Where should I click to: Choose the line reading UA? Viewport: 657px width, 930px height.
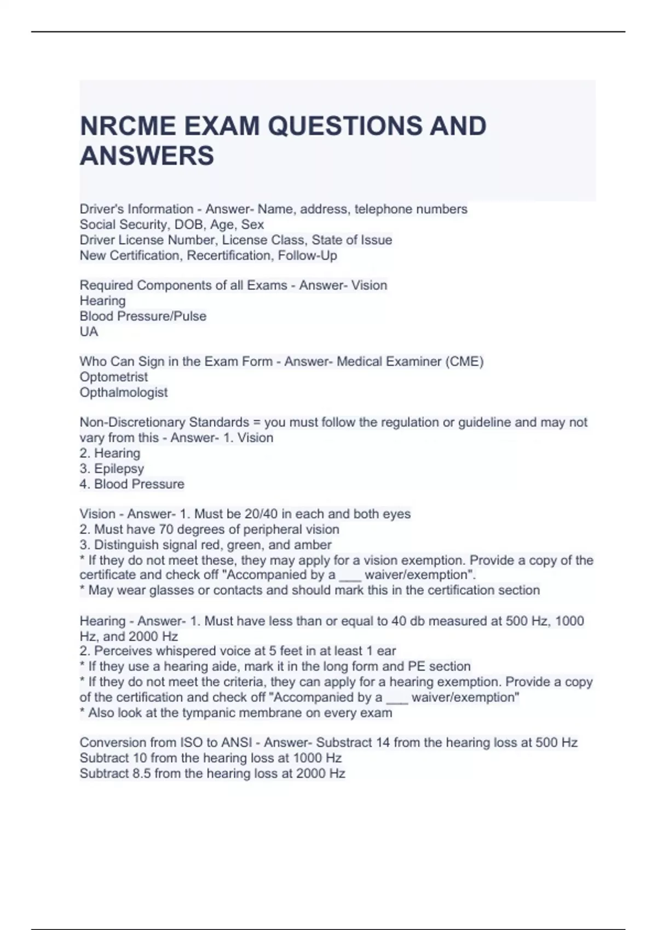click(x=89, y=332)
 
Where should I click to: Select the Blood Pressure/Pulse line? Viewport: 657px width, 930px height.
click(x=143, y=316)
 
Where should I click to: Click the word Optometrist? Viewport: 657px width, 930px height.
click(x=113, y=377)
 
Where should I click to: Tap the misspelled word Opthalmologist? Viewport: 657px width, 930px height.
click(x=123, y=392)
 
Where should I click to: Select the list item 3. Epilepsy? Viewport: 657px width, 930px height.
click(x=112, y=469)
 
